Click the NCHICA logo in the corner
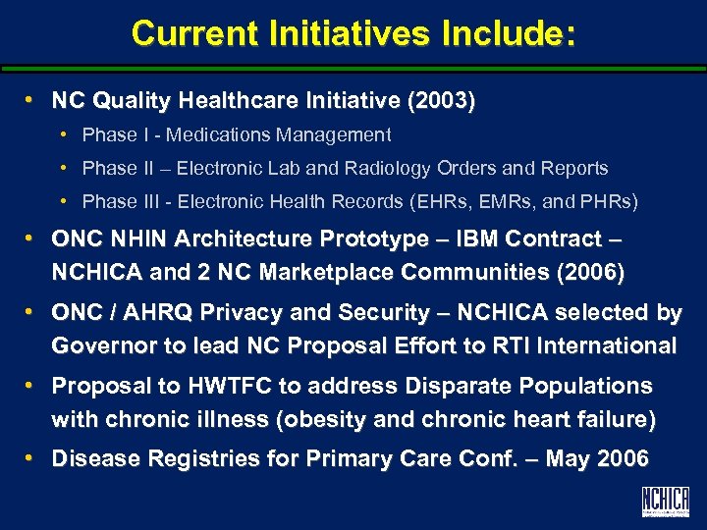click(x=665, y=502)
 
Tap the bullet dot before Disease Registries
click(x=32, y=458)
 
